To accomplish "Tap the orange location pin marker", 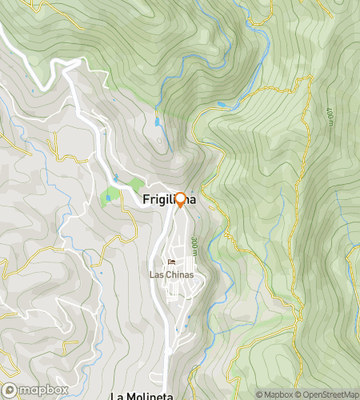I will pos(180,201).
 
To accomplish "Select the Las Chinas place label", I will pos(172,274).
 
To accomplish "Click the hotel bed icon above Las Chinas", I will pos(172,262).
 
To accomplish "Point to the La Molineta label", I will pos(141,395).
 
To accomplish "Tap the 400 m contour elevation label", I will pos(330,116).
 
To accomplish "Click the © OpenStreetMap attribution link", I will pos(328,394).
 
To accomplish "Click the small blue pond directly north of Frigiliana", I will pos(157,124).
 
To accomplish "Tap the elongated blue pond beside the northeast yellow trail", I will pos(222,105).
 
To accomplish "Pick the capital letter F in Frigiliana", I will pos(146,201).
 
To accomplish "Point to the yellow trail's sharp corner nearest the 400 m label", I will pos(309,79).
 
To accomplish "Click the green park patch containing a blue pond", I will pos(108,195).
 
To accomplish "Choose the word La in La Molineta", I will pos(117,395).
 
